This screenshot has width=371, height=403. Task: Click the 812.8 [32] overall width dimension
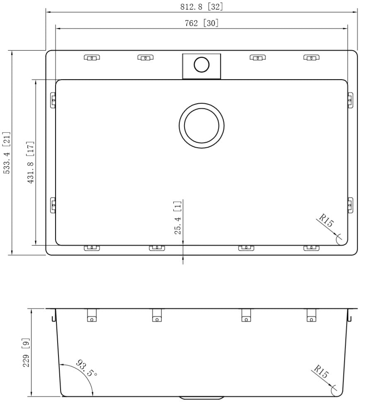202,7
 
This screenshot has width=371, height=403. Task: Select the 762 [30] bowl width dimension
201,23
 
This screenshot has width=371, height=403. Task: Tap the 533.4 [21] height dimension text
7,153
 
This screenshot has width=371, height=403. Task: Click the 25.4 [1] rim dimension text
177,218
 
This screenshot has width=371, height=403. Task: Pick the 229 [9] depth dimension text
26,353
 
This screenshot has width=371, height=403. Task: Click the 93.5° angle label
87,369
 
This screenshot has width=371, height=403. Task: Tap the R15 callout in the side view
321,373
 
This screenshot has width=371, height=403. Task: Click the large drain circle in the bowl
202,126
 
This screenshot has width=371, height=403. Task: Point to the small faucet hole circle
201,65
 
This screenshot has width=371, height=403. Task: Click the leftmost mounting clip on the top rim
92,57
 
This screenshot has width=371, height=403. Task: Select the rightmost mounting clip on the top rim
311,57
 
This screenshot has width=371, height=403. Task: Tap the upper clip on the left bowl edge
53,100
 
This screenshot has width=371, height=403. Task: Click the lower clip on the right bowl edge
350,205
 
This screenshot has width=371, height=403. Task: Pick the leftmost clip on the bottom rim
92,248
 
